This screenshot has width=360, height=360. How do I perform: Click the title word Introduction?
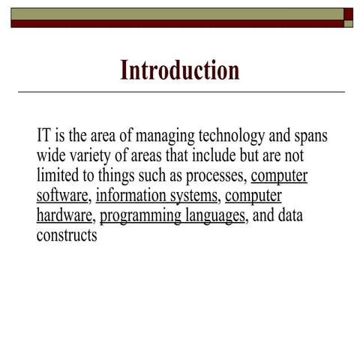coord(180,70)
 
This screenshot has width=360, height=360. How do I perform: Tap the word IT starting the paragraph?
coord(43,137)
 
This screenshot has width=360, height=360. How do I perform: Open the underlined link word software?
coord(63,197)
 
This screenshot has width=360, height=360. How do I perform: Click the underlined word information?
coord(132,197)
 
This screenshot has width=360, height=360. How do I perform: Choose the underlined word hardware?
coord(63,217)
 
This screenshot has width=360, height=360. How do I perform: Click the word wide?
coord(50,157)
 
